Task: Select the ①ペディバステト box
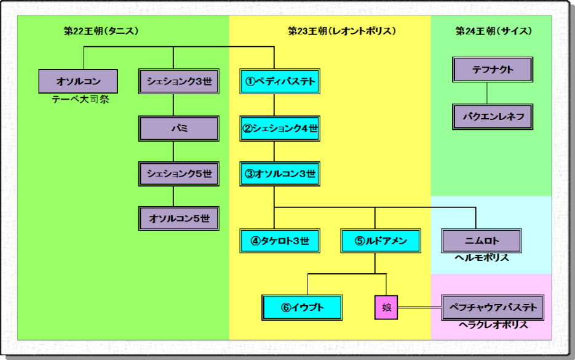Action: tap(279, 81)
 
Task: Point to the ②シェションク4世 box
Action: tap(279, 128)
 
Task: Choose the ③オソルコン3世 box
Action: tap(279, 174)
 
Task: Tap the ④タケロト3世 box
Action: tap(279, 241)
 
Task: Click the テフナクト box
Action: tap(493, 70)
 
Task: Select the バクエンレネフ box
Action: tap(493, 116)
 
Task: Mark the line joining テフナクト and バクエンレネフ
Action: tap(488, 93)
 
